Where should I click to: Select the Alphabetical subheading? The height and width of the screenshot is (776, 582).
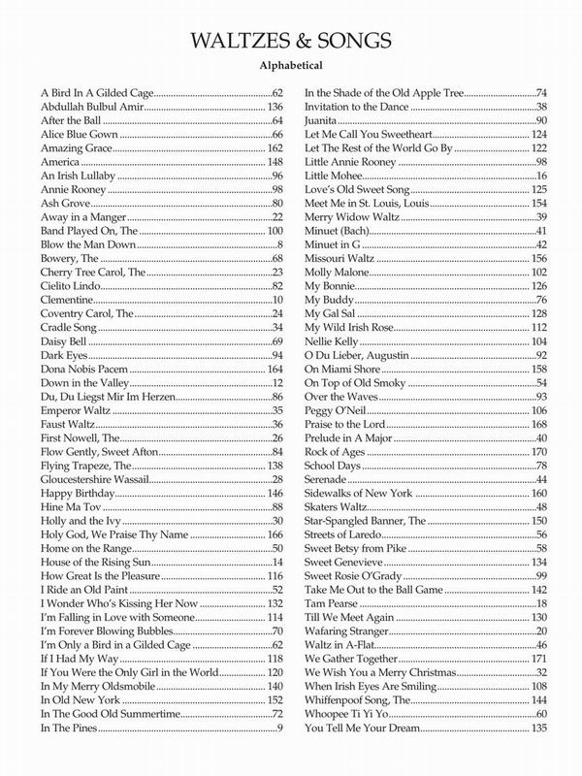coord(291,68)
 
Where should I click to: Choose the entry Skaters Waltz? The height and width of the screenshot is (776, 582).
coord(335,507)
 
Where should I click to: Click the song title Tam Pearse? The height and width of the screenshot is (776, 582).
coord(332,604)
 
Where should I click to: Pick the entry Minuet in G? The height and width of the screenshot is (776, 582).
coord(333,245)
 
